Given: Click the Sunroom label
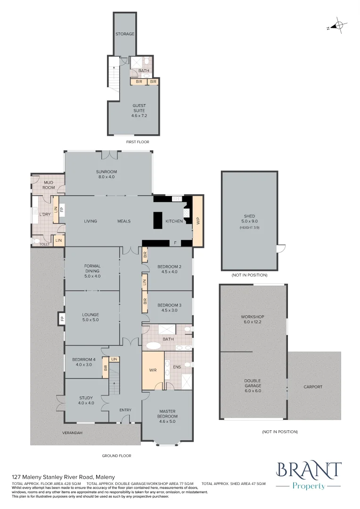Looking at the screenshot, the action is [106, 172].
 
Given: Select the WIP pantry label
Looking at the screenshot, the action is [198, 221].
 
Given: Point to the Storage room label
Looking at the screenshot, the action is [125, 34].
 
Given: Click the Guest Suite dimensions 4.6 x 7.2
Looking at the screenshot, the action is [139, 115].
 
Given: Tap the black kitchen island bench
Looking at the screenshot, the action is [158, 221].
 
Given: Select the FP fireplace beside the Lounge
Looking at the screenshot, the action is [61, 319].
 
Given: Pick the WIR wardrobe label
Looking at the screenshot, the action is [153, 370].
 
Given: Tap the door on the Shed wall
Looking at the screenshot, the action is [281, 248].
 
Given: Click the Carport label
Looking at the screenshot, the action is [313, 387].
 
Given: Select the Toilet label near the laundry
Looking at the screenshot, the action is [45, 244].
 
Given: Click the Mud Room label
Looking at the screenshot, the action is [49, 185].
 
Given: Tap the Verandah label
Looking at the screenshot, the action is [73, 433].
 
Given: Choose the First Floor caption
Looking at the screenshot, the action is [138, 142].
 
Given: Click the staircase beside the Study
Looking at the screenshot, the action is [114, 378].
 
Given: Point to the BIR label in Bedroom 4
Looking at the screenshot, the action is [105, 368].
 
